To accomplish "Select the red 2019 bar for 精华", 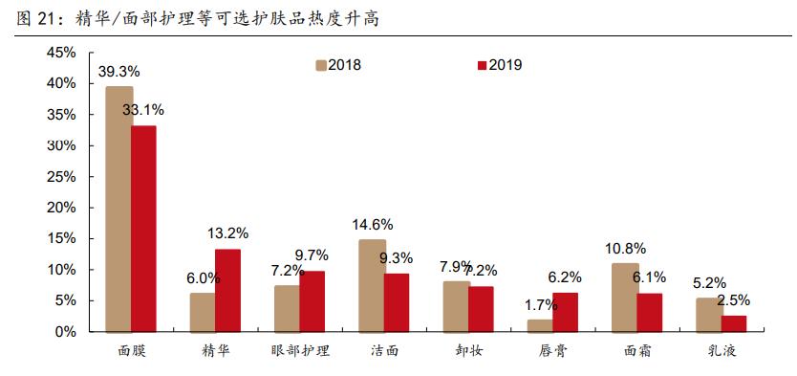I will [x=227, y=290].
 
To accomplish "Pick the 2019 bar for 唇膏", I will [x=565, y=312].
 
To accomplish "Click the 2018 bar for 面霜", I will [x=625, y=298].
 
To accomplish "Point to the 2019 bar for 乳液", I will [x=734, y=323].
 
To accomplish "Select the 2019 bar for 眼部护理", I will [x=312, y=301].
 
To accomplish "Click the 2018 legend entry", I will [x=336, y=65].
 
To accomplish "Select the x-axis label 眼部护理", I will [x=299, y=351].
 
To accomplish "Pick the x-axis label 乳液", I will [x=721, y=351].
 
